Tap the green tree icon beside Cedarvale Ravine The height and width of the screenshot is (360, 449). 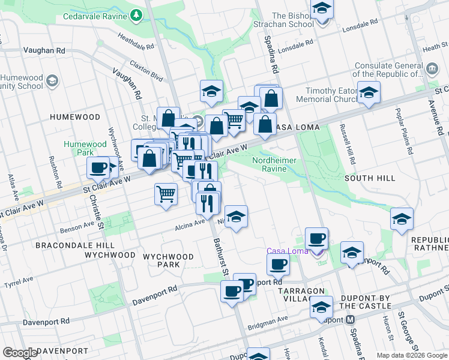(x=137, y=13)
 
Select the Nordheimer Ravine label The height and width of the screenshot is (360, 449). (x=278, y=164)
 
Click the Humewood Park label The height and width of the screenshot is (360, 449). (x=85, y=148)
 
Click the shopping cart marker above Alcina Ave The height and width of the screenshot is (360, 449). (x=166, y=194)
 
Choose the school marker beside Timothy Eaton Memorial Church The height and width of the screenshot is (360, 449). (x=369, y=92)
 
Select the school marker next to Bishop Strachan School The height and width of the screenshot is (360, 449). (x=322, y=9)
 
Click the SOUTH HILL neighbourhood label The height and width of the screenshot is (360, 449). (x=370, y=178)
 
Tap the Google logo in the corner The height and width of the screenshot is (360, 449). (x=20, y=353)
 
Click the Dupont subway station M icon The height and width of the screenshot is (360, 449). (x=349, y=320)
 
